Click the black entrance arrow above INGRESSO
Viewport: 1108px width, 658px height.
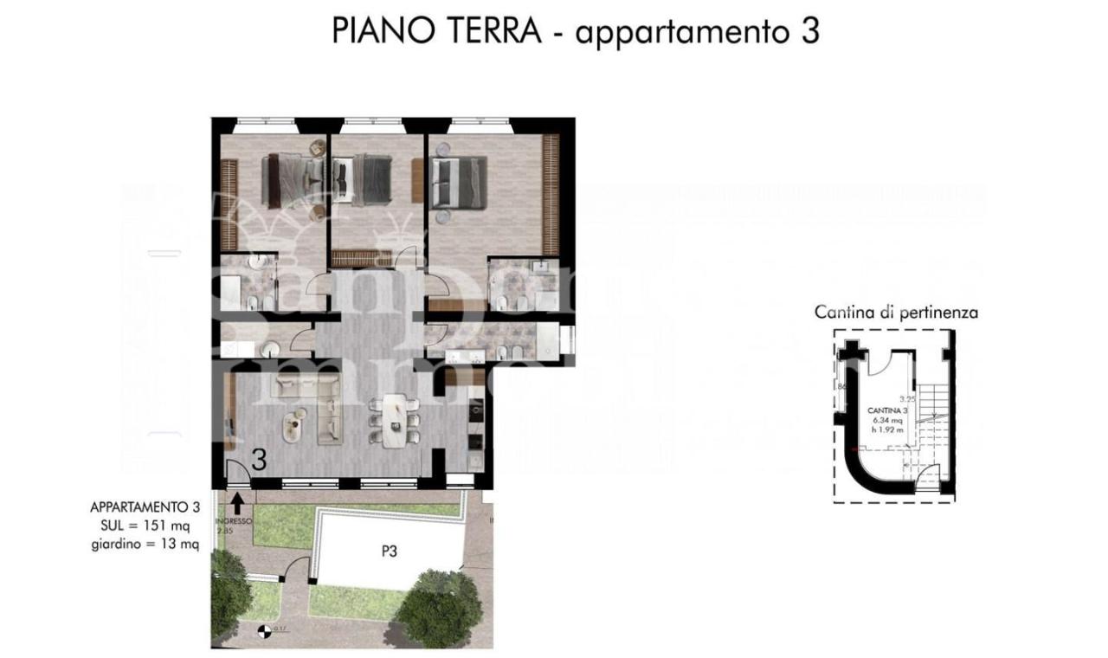point(238,501)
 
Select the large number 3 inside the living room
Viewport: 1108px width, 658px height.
point(258,461)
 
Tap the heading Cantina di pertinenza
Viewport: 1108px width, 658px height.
point(896,312)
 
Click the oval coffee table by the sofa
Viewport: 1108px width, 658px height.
point(296,423)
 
